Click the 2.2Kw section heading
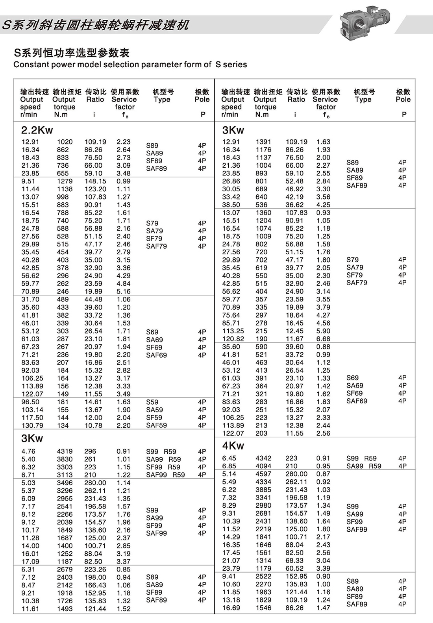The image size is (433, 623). click(x=37, y=130)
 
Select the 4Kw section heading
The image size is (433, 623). click(x=233, y=446)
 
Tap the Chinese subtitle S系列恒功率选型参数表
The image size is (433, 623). click(x=72, y=53)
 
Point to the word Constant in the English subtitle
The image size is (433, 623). click(x=31, y=65)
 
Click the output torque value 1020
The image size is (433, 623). click(x=65, y=142)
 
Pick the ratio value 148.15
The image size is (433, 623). click(x=95, y=181)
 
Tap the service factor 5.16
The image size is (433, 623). click(x=123, y=292)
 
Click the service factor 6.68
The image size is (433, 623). click(x=323, y=339)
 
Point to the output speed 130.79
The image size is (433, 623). click(x=32, y=425)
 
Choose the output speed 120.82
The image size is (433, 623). click(x=233, y=339)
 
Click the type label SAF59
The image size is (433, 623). click(x=156, y=425)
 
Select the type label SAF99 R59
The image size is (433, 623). click(x=165, y=475)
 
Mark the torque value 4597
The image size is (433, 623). click(x=263, y=474)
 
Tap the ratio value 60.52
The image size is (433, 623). click(x=294, y=569)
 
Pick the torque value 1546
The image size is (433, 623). click(x=263, y=608)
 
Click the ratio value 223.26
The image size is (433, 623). click(x=95, y=569)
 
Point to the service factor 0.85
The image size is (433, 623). click(x=123, y=569)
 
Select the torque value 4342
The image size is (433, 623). click(x=263, y=458)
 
